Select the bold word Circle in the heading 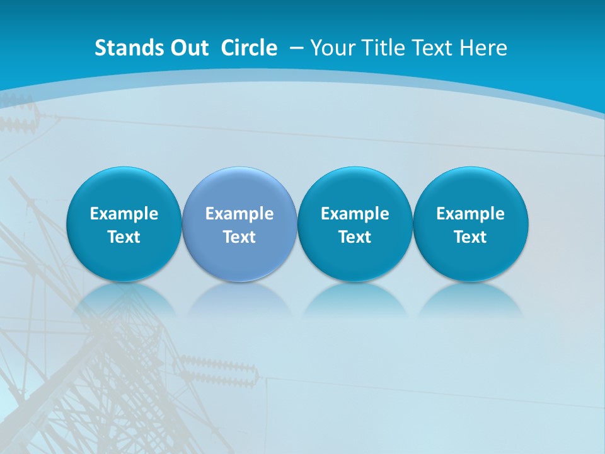249,48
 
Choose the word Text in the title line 431,48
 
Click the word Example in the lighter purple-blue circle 239,214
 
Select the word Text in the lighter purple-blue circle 239,237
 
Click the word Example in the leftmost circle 124,214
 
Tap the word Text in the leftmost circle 124,237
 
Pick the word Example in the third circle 355,214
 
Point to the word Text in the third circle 355,237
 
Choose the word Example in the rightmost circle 470,214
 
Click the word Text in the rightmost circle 470,237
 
